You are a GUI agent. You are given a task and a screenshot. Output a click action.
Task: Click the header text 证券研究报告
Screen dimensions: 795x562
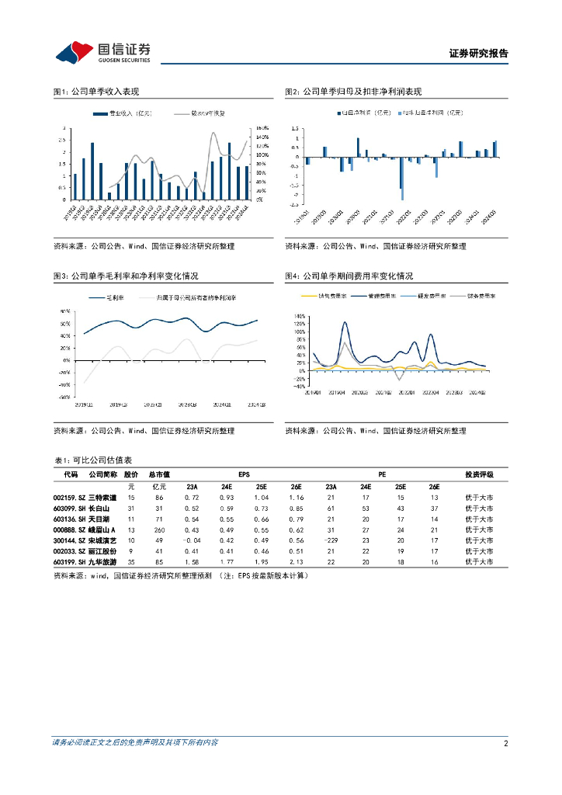pos(479,54)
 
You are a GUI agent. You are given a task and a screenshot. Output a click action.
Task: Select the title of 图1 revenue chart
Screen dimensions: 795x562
pos(95,92)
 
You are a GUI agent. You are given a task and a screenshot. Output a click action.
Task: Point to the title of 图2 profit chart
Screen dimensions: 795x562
pos(353,92)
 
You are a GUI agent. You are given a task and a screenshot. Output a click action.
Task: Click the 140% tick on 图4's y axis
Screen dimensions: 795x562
pos(300,317)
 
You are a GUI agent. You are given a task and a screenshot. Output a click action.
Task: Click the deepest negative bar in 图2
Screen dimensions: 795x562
pos(403,194)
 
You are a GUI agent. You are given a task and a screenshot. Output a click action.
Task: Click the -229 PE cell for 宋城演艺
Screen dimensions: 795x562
pos(330,540)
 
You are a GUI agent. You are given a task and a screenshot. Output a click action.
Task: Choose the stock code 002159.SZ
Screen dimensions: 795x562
pos(68,497)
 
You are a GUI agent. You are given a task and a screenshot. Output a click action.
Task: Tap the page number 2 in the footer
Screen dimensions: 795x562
pos(506,743)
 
